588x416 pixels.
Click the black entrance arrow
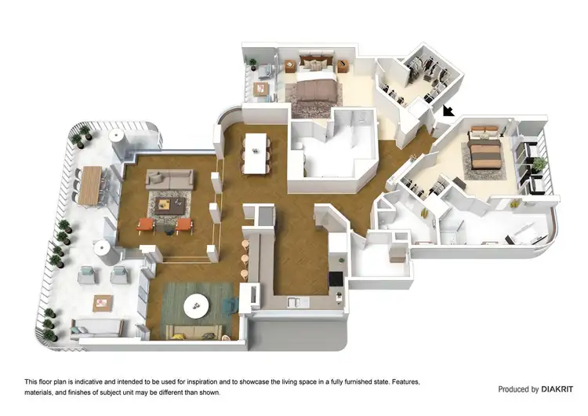coord(448,111)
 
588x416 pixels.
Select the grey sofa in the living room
coord(169,180)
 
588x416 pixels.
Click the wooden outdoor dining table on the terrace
coord(93,184)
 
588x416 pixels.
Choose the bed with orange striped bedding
coord(484,153)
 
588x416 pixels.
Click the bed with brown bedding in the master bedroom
coord(314,86)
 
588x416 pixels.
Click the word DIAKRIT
coord(557,389)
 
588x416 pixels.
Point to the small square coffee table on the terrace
coord(103,302)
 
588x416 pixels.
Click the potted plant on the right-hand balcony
coord(539,164)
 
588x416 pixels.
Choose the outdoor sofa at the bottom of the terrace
coord(95,329)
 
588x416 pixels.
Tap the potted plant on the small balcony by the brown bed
coord(252,64)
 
